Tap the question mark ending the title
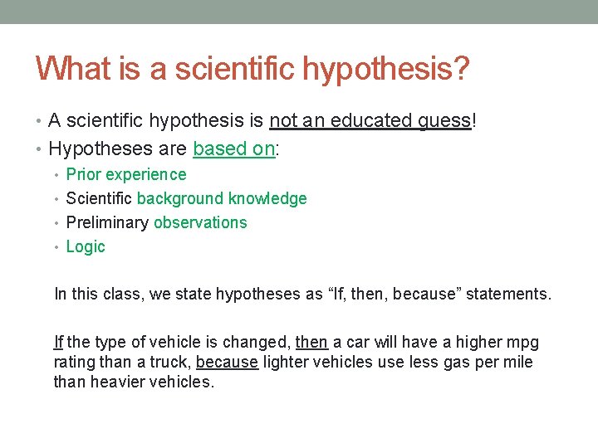tap(460, 68)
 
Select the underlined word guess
tap(444, 121)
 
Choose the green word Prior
tap(84, 174)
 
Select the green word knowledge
tap(267, 198)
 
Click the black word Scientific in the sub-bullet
tap(99, 198)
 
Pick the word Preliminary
tap(107, 222)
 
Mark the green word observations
tap(200, 222)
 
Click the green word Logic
tap(86, 247)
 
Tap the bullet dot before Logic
tap(58, 246)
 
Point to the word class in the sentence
tap(105, 293)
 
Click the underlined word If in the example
tap(58, 343)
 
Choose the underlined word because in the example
tap(227, 363)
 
